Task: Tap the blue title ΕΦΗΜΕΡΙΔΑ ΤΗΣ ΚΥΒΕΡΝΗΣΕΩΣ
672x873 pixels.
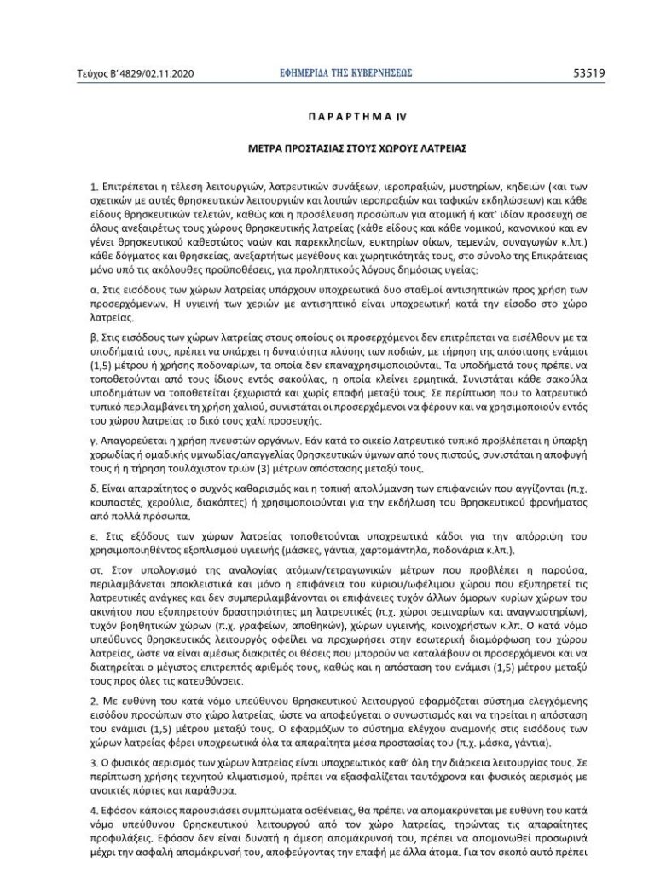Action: pos(339,73)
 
